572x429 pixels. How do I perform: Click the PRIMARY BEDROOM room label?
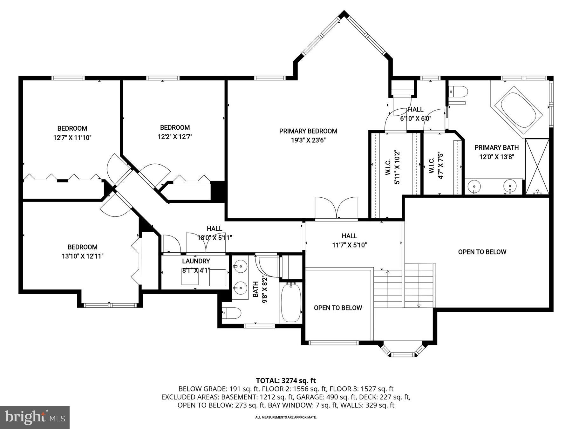coord(308,131)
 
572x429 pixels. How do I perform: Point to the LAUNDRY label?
coord(196,261)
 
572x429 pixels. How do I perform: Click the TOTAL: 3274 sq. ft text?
coord(286,380)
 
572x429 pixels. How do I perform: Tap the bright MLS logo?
coord(35,417)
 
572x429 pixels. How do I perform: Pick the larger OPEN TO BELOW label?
coord(482,252)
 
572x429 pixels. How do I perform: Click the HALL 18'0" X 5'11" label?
coord(214,233)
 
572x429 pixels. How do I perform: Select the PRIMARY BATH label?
coord(496,147)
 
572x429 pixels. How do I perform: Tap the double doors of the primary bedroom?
coord(336,208)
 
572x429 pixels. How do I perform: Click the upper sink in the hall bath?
coord(241,265)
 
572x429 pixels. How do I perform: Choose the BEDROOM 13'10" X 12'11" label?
coord(83,251)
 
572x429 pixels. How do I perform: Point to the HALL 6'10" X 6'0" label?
coord(415,114)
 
